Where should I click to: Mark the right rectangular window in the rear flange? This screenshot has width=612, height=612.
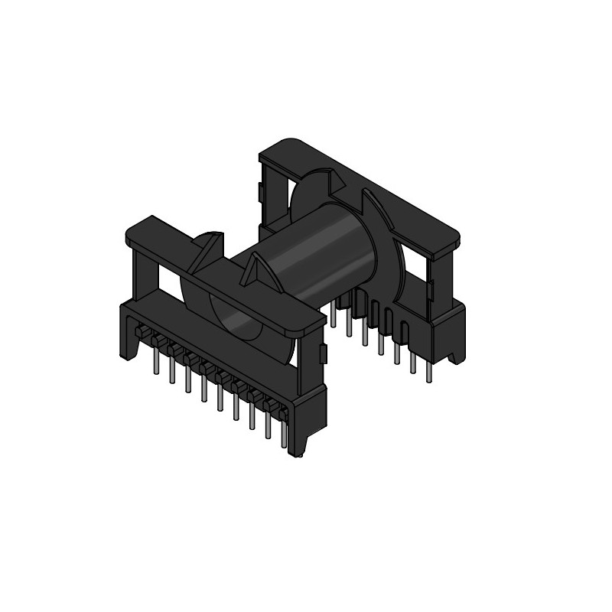(x=417, y=264)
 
